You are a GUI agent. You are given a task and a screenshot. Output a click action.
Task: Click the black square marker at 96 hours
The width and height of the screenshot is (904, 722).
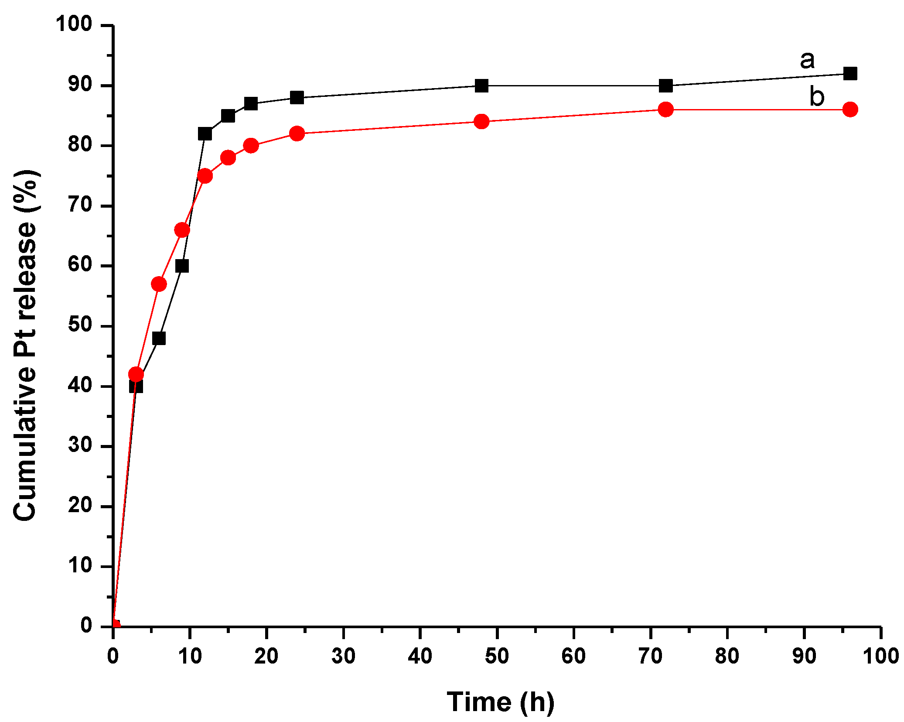850,73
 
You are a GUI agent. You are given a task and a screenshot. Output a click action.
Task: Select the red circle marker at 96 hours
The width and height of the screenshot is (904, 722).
850,109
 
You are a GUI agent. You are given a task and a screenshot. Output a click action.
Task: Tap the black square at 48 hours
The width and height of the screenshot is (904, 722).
481,86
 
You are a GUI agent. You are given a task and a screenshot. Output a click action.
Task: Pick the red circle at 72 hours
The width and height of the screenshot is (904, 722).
665,109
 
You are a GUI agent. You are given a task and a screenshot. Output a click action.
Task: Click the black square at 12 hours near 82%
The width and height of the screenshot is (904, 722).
205,133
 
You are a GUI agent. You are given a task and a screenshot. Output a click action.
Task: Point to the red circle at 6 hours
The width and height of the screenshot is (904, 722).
159,284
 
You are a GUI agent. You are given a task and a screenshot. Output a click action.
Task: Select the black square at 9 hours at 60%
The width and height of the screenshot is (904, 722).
182,266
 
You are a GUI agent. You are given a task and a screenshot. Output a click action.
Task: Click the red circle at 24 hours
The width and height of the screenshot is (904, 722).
297,133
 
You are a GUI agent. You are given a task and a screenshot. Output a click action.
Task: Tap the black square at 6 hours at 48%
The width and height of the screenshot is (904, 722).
159,338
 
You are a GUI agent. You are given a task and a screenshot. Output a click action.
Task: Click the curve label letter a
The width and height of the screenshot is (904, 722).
807,60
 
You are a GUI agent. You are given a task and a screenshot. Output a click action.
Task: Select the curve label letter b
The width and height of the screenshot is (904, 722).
817,96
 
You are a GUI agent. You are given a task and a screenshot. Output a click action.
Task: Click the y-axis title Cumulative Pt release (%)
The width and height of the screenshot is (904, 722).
25,345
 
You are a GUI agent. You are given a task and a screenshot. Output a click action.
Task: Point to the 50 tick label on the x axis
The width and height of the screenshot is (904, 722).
497,656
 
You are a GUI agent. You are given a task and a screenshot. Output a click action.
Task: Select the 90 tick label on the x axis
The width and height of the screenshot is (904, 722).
804,656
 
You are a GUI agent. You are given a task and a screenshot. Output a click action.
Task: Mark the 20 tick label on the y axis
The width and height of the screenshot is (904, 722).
80,506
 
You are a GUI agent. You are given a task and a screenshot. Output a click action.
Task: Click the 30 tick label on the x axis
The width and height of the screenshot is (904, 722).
343,656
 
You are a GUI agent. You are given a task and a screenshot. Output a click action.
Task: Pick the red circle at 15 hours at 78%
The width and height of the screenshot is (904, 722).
228,157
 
